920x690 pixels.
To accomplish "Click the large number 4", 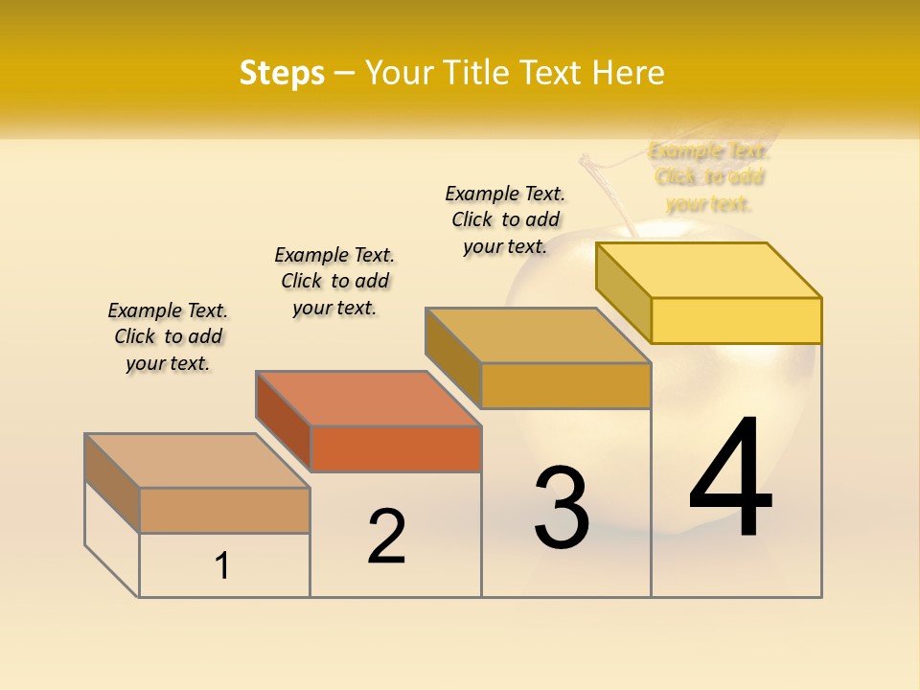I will (730, 479).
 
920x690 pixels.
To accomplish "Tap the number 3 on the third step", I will (562, 508).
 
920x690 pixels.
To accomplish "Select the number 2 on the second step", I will (386, 537).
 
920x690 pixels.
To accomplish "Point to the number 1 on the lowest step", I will (222, 566).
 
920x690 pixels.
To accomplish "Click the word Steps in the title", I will (282, 73).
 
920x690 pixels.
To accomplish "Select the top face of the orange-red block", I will (368, 398).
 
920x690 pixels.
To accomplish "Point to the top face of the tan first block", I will (197, 460).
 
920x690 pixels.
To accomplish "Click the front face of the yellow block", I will (736, 320).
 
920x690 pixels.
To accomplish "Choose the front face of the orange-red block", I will (396, 448).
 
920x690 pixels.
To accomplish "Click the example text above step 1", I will (168, 336).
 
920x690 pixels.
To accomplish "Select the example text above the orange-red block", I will (334, 281).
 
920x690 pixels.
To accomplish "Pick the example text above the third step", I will (505, 219).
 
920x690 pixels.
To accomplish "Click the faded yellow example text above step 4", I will (709, 176).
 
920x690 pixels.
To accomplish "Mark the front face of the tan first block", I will (224, 510).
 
